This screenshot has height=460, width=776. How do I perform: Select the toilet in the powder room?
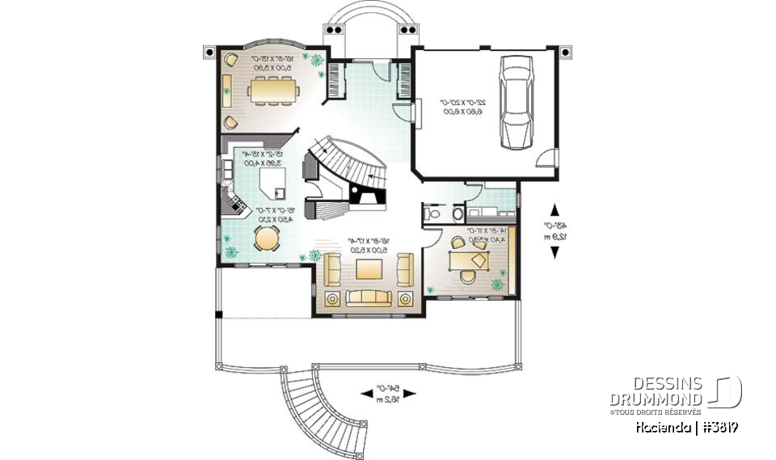point(430,214)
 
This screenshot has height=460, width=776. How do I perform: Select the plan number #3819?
point(719,426)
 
